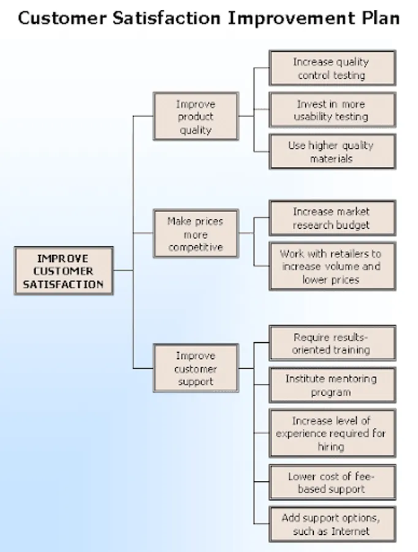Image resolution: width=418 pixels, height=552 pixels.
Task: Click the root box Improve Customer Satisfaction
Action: pos(63,271)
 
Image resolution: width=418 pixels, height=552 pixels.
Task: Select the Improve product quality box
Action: pos(196,117)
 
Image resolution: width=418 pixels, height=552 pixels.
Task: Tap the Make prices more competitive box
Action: pos(196,234)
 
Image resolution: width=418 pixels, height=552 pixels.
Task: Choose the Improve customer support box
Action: pos(196,369)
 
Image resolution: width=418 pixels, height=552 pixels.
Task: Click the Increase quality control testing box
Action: pos(332,69)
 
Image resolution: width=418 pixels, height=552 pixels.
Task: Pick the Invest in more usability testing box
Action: pos(332,110)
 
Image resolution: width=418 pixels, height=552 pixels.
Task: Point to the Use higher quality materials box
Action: pos(332,151)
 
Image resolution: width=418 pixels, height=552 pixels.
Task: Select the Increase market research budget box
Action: pos(332,218)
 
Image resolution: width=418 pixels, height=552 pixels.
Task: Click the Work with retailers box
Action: pos(332,266)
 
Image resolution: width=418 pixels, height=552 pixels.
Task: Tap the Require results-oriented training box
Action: pos(332,343)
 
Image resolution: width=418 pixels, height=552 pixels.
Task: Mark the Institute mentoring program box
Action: pos(332,385)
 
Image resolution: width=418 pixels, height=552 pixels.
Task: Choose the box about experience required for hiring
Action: pos(332,433)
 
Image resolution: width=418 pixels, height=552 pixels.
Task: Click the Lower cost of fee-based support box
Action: pos(332,483)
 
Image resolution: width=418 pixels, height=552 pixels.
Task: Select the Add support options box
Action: pos(332,524)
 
